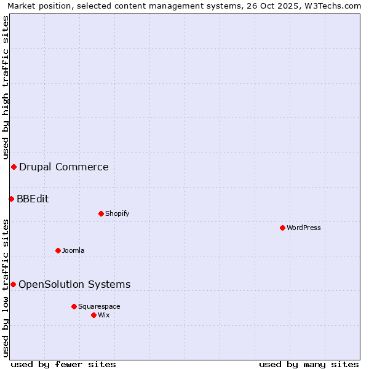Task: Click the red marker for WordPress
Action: pyautogui.click(x=282, y=228)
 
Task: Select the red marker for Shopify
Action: pyautogui.click(x=101, y=213)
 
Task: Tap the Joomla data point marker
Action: pyautogui.click(x=58, y=250)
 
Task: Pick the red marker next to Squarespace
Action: pyautogui.click(x=74, y=306)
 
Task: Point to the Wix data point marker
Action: pyautogui.click(x=93, y=315)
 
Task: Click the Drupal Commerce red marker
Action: pyautogui.click(x=14, y=167)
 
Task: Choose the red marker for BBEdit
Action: pyautogui.click(x=11, y=199)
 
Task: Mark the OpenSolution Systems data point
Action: pyautogui.click(x=13, y=284)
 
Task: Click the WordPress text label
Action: pyautogui.click(x=304, y=228)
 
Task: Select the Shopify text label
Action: pyautogui.click(x=117, y=213)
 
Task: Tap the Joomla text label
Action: pyautogui.click(x=73, y=250)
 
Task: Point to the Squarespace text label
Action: pyautogui.click(x=99, y=306)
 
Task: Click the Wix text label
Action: pyautogui.click(x=104, y=315)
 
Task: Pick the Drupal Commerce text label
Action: pyautogui.click(x=64, y=167)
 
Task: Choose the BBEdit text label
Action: pyautogui.click(x=33, y=199)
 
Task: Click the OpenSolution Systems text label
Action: pyautogui.click(x=74, y=284)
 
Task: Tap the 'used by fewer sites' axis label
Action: pyautogui.click(x=63, y=364)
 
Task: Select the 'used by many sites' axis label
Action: pyautogui.click(x=309, y=364)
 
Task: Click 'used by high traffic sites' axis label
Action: pyautogui.click(x=6, y=88)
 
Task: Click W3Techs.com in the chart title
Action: pyautogui.click(x=333, y=6)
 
